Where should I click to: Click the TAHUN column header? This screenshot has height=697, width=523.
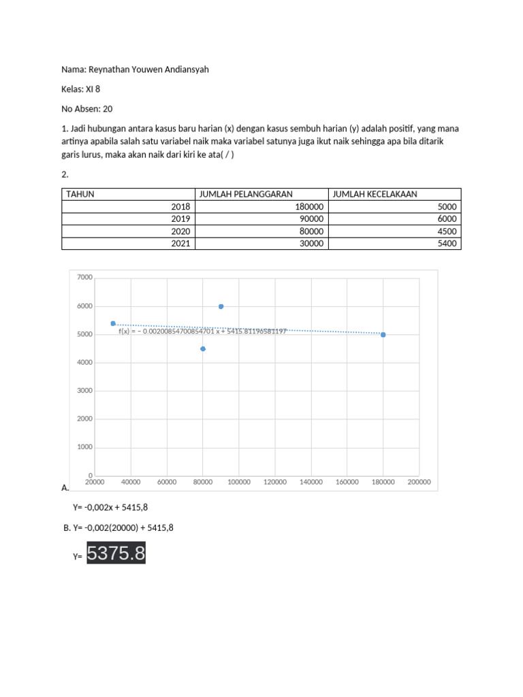pyautogui.click(x=80, y=194)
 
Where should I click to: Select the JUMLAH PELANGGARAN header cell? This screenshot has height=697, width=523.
pyautogui.click(x=245, y=194)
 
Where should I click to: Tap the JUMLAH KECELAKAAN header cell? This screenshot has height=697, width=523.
pyautogui.click(x=375, y=194)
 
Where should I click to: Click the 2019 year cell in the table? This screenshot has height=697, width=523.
pyautogui.click(x=180, y=218)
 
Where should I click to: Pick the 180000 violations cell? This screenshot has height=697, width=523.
pyautogui.click(x=310, y=207)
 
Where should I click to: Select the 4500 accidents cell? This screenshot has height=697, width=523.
pyautogui.click(x=445, y=231)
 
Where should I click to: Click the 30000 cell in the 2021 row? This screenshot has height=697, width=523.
pyautogui.click(x=312, y=243)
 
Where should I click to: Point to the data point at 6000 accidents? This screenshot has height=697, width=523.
pyautogui.click(x=221, y=306)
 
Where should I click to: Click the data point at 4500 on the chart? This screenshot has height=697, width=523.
pyautogui.click(x=203, y=348)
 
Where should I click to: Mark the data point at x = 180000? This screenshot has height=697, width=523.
pyautogui.click(x=383, y=334)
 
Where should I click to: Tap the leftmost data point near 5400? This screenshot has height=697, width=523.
pyautogui.click(x=113, y=323)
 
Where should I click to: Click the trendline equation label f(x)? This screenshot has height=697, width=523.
pyautogui.click(x=202, y=331)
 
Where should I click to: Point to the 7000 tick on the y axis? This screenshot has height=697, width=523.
pyautogui.click(x=84, y=278)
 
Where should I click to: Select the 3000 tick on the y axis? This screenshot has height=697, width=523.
pyautogui.click(x=84, y=391)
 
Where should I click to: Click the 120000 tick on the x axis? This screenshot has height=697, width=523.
pyautogui.click(x=274, y=482)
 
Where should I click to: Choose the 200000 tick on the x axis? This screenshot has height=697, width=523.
pyautogui.click(x=419, y=482)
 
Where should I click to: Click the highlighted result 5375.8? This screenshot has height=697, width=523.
pyautogui.click(x=116, y=554)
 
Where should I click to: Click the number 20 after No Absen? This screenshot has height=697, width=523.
pyautogui.click(x=108, y=108)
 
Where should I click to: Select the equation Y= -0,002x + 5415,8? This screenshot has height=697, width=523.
pyautogui.click(x=110, y=508)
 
